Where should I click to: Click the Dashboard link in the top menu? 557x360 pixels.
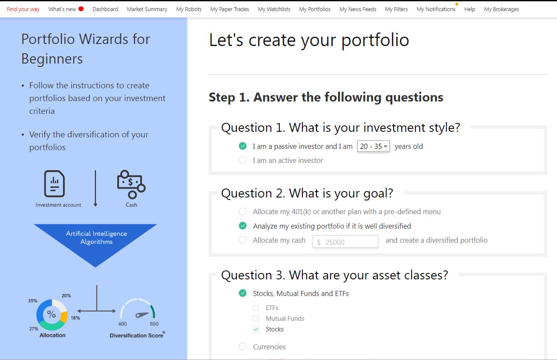pyautogui.click(x=105, y=9)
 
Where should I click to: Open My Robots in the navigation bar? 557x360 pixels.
pyautogui.click(x=189, y=9)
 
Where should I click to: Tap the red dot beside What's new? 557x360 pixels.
pyautogui.click(x=81, y=9)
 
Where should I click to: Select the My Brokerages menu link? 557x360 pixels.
pyautogui.click(x=501, y=9)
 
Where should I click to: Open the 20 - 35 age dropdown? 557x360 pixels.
pyautogui.click(x=373, y=146)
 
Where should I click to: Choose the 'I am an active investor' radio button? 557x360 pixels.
pyautogui.click(x=243, y=160)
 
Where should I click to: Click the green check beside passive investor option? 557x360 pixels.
pyautogui.click(x=243, y=146)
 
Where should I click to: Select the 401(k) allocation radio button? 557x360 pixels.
pyautogui.click(x=243, y=212)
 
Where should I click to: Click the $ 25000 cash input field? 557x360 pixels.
pyautogui.click(x=345, y=242)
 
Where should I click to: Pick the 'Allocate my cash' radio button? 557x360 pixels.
pyautogui.click(x=243, y=240)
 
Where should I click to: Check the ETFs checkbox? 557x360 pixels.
pyautogui.click(x=255, y=308)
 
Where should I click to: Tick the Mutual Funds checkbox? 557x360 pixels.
pyautogui.click(x=255, y=319)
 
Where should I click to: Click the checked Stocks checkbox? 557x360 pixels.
pyautogui.click(x=255, y=329)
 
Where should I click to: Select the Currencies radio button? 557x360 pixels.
pyautogui.click(x=243, y=346)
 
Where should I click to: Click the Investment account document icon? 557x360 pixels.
pyautogui.click(x=55, y=184)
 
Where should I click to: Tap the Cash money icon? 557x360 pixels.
pyautogui.click(x=131, y=184)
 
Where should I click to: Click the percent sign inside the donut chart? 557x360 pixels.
pyautogui.click(x=52, y=314)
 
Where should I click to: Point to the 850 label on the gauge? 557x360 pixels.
pyautogui.click(x=154, y=324)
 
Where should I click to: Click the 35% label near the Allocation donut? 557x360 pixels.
pyautogui.click(x=32, y=301)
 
